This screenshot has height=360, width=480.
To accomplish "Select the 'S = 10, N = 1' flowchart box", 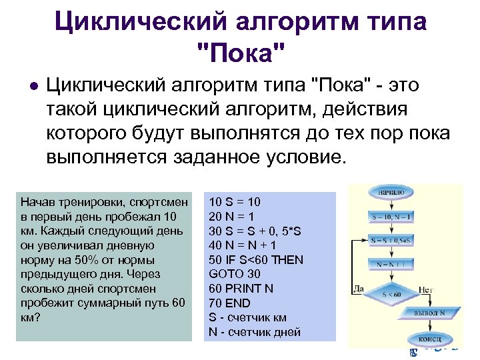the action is coord(392,217).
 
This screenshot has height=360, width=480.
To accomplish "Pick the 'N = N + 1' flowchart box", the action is coord(392,263).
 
